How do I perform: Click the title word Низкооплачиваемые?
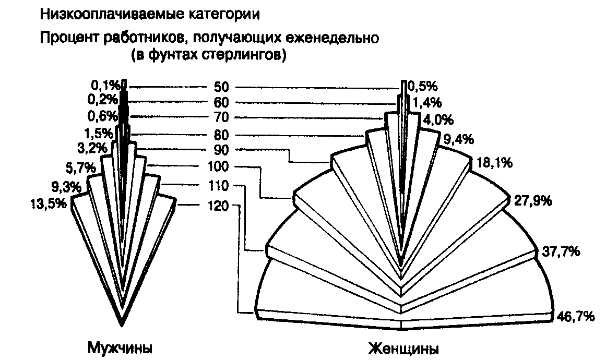(112, 15)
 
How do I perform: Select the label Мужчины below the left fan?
(120, 348)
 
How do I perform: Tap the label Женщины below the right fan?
(403, 349)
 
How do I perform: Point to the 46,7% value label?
(575, 316)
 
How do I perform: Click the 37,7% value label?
(561, 251)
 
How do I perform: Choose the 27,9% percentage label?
(533, 201)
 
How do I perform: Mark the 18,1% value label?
(495, 163)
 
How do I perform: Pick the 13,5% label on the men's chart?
(49, 203)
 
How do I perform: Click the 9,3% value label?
(66, 187)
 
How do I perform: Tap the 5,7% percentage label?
(80, 167)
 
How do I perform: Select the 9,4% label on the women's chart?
(458, 139)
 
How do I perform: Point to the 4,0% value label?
(438, 120)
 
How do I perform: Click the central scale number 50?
(221, 87)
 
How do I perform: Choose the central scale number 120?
(218, 206)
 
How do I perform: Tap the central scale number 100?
(218, 167)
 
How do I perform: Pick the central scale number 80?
(221, 135)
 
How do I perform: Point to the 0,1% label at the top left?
(105, 85)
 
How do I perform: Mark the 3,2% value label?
(91, 148)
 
